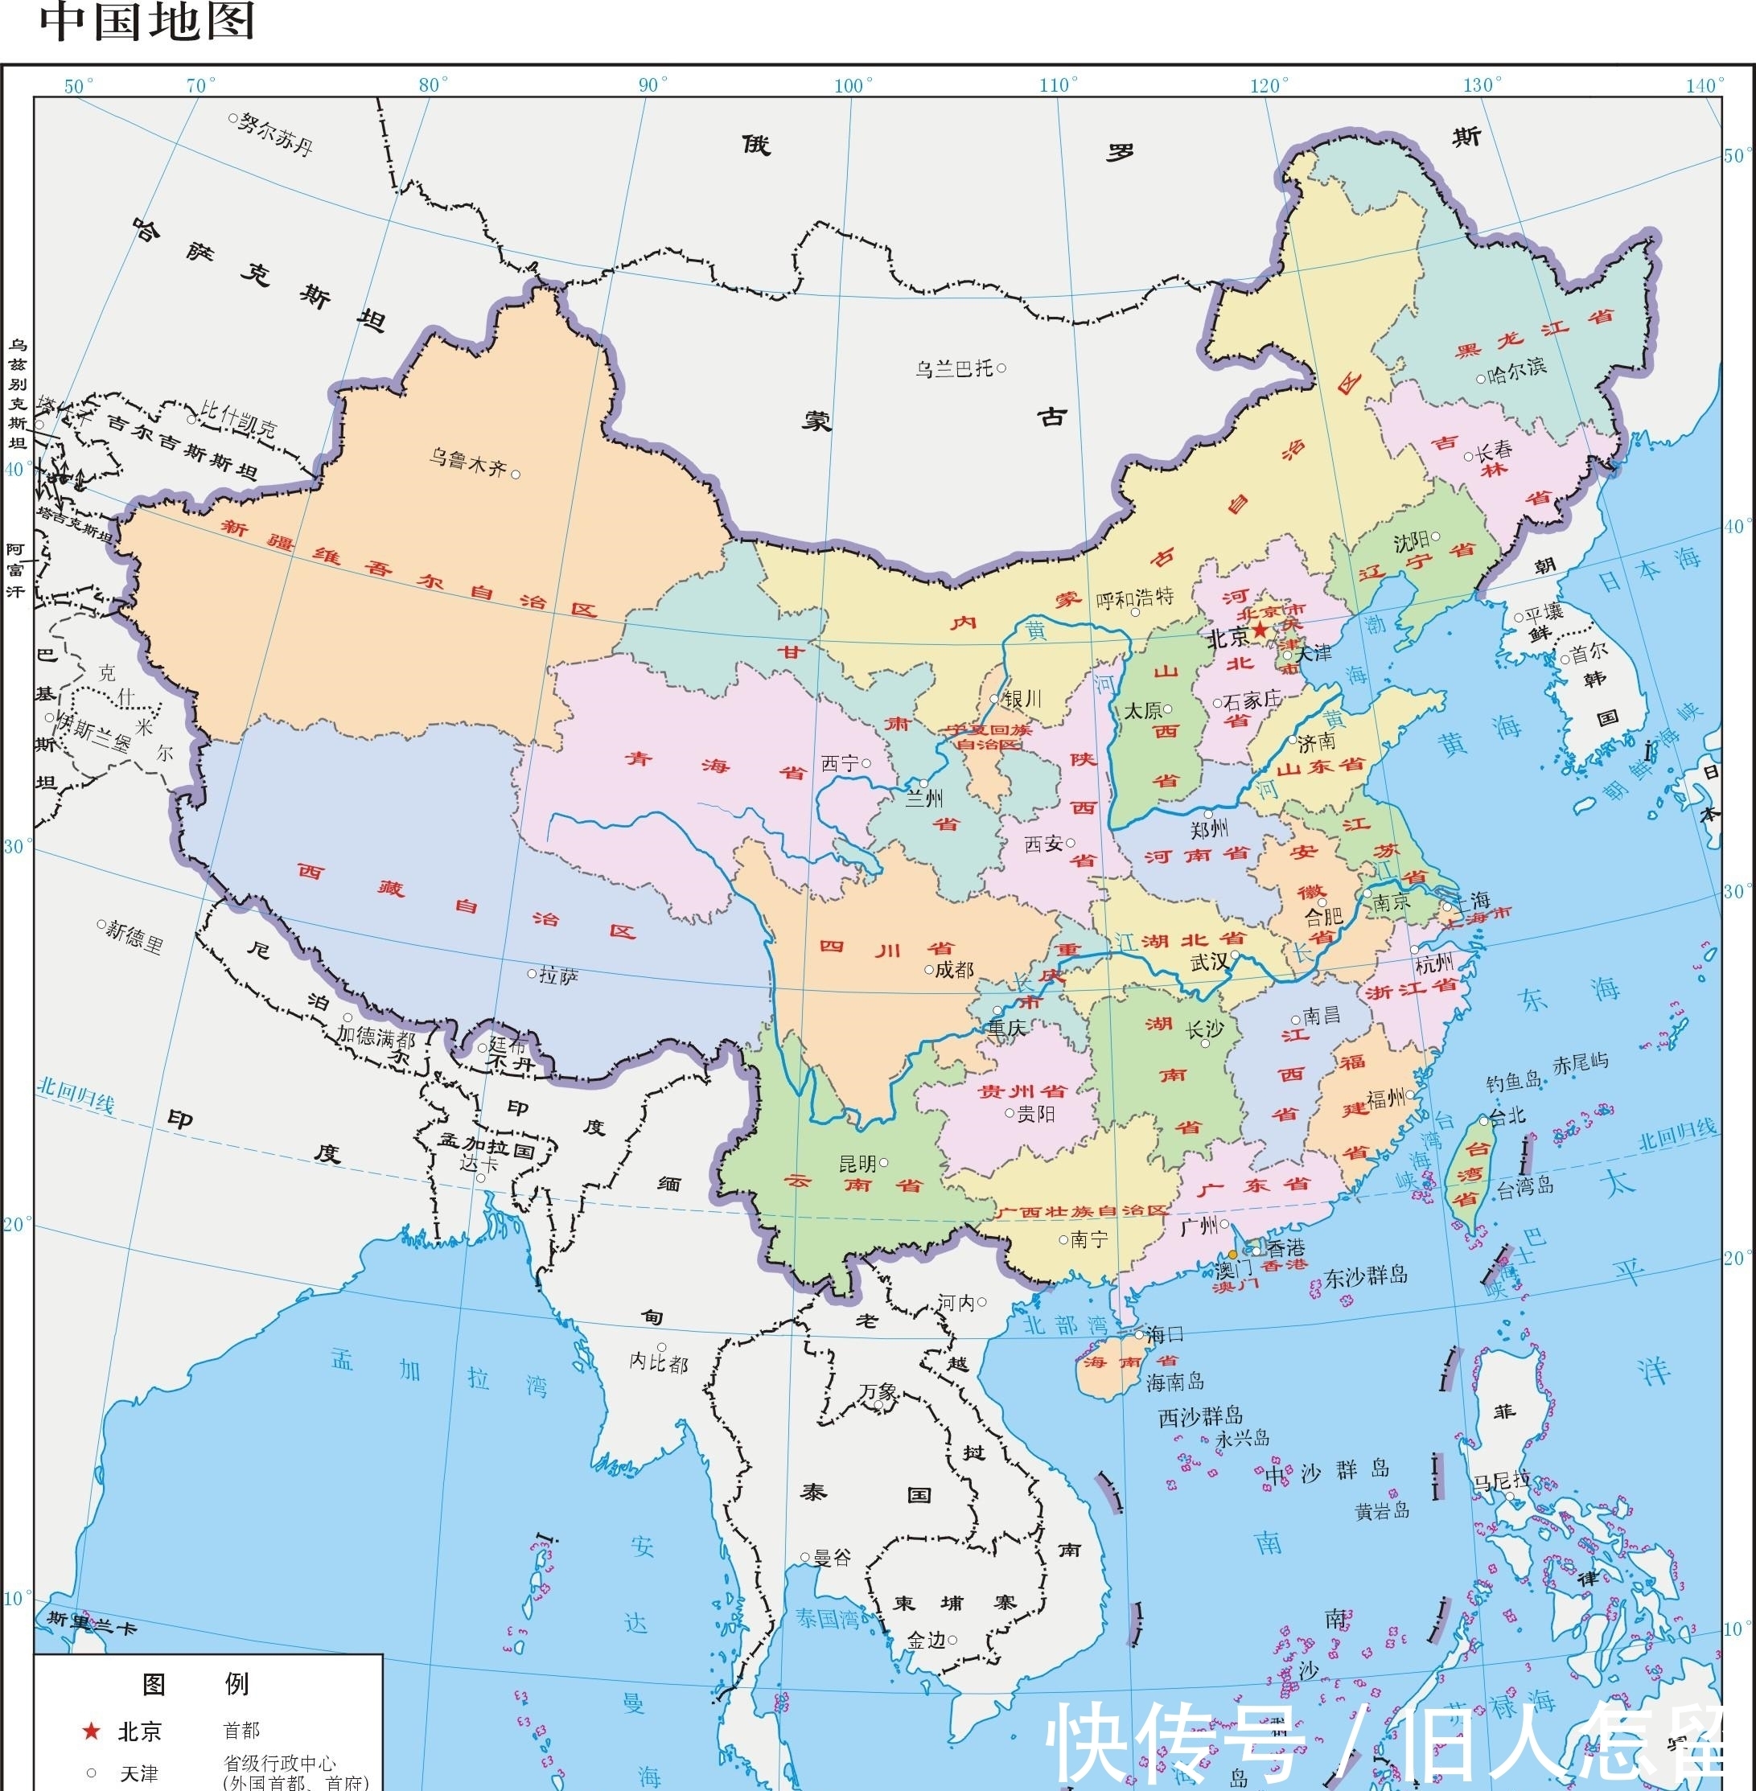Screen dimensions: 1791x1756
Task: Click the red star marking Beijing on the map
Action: [x=1260, y=631]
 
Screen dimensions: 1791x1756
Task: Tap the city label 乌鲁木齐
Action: [x=467, y=461]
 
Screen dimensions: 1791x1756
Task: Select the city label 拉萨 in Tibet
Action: [x=559, y=976]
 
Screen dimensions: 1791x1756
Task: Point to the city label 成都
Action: [x=954, y=969]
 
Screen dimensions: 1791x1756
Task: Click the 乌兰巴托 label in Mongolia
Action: [x=954, y=369]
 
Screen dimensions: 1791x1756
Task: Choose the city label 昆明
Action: [x=857, y=1163]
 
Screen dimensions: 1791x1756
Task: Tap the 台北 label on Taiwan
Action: [x=1507, y=1116]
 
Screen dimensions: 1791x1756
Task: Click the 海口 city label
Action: [x=1164, y=1333]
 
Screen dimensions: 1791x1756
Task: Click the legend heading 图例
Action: [x=195, y=1684]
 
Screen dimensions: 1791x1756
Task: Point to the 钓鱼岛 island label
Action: [x=1513, y=1081]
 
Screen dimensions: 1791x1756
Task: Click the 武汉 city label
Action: [x=1209, y=962]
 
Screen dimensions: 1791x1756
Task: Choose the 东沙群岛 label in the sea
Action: [x=1366, y=1276]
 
